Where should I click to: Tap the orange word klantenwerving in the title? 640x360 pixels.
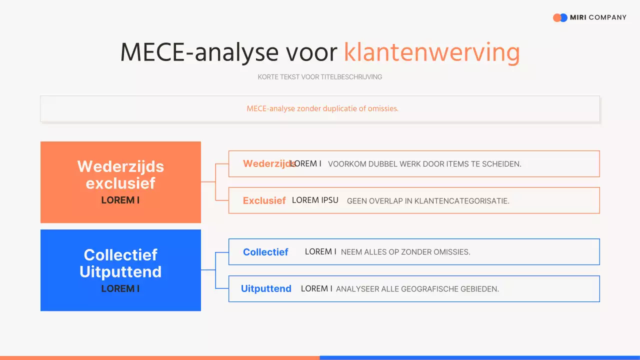point(431,52)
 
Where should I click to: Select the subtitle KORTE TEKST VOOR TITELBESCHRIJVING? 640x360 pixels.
point(320,77)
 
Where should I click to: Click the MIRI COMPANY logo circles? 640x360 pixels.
point(560,17)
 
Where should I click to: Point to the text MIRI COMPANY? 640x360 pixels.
point(598,17)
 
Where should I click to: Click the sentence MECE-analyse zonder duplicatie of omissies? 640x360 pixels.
point(322,108)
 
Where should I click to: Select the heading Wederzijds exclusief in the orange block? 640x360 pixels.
point(120,174)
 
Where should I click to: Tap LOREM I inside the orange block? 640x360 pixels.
point(120,200)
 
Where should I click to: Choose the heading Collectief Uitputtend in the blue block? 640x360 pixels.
point(120,263)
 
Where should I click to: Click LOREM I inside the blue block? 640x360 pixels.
point(120,288)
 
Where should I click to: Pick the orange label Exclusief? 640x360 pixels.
point(264,200)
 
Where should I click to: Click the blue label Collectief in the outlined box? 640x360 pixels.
point(265,252)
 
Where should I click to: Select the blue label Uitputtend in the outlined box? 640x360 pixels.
point(266,288)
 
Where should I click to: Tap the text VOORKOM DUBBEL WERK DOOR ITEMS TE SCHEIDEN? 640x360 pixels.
point(424,164)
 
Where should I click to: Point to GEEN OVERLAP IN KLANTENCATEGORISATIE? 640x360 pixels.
point(428,201)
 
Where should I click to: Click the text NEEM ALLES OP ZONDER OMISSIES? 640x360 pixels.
point(405,252)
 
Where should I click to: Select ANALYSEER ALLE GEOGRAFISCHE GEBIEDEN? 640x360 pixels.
point(417,289)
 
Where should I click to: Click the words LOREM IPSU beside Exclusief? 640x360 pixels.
point(315,200)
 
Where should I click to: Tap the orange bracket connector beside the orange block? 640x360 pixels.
point(215,182)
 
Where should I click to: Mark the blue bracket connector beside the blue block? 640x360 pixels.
point(215,270)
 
